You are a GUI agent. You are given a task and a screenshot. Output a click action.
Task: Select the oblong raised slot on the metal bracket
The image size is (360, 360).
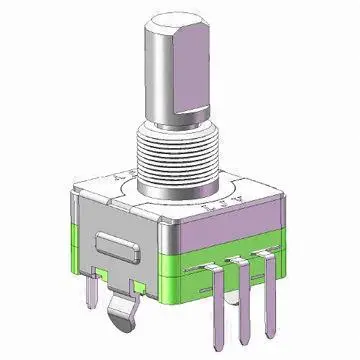click(x=120, y=247)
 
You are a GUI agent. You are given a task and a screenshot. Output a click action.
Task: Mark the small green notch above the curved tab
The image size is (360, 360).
click(x=140, y=290)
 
